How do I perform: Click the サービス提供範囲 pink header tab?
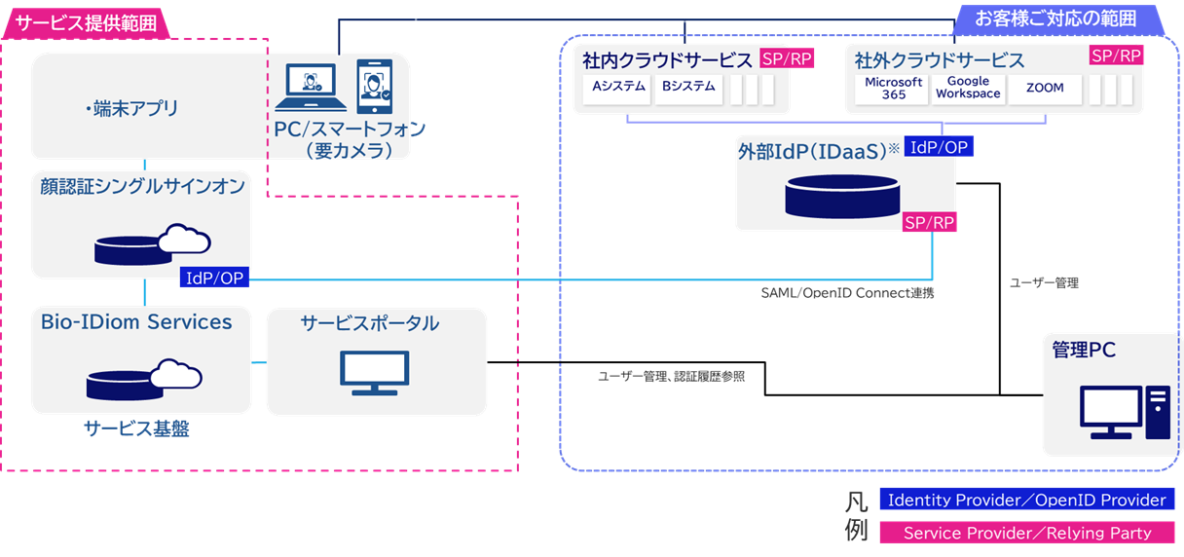(x=86, y=22)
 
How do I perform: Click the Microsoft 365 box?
(x=892, y=88)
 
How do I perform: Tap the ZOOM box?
(x=1044, y=88)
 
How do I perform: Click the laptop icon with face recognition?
(x=310, y=88)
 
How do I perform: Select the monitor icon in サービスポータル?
(x=375, y=371)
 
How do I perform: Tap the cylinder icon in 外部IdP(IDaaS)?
(x=842, y=197)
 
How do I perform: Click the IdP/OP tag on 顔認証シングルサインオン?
(x=215, y=278)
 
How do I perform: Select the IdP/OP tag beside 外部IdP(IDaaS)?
(x=939, y=146)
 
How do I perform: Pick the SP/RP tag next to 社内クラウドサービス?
(x=787, y=57)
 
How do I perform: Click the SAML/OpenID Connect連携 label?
(x=847, y=292)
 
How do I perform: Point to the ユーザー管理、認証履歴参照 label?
(x=671, y=376)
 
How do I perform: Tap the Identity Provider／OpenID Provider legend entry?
(x=1026, y=500)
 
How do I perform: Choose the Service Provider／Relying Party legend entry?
(x=1026, y=533)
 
